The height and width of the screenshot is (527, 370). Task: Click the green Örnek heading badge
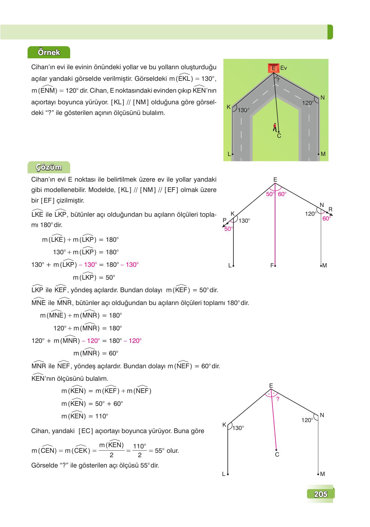coord(49,52)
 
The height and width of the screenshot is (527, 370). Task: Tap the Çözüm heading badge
coord(49,168)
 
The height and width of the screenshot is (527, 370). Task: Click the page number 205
coord(320,494)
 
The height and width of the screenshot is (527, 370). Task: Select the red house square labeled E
coord(274,68)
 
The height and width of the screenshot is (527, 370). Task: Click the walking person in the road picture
coord(275,127)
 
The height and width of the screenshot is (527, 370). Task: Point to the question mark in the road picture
coord(278,80)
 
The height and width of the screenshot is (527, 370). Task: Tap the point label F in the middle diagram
coord(272,266)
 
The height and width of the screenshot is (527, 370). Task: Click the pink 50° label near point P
coord(228,229)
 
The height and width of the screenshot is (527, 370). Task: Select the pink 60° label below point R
coord(326,219)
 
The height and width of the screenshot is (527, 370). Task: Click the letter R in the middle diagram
coord(330,209)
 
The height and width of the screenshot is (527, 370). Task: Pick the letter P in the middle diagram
coord(224,220)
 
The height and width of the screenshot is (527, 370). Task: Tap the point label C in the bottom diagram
coord(277,454)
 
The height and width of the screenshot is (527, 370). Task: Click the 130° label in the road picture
coord(243,110)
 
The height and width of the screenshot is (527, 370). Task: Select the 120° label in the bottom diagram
coord(307,420)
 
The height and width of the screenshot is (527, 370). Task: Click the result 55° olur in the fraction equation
coord(166,451)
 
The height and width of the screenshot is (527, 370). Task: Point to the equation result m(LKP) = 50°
coord(94,277)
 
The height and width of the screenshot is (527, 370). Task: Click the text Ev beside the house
coord(284,68)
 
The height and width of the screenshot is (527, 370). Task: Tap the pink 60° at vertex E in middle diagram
coord(282,194)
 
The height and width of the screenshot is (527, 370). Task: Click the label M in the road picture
coord(323,154)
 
